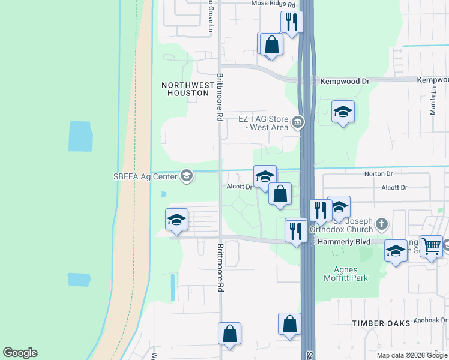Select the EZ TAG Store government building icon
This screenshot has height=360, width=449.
point(297,123)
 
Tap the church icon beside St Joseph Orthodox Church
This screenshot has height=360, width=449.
point(382,225)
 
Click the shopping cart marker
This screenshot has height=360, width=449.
point(431,246)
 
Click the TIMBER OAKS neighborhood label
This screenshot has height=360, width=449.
point(381,323)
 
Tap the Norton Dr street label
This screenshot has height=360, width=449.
point(378,174)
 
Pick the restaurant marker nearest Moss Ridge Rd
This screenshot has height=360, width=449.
point(292,22)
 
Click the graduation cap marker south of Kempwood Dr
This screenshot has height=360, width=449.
point(343,112)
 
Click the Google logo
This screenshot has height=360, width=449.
point(20,353)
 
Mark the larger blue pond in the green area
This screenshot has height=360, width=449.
point(80,136)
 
